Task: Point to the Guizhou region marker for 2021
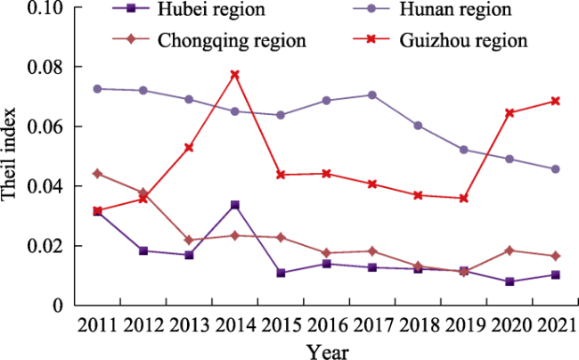pyautogui.click(x=555, y=101)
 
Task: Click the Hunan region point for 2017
pyautogui.click(x=371, y=94)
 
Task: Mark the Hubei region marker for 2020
pyautogui.click(x=510, y=282)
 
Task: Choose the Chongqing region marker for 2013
pyautogui.click(x=189, y=241)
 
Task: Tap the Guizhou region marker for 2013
pyautogui.click(x=189, y=147)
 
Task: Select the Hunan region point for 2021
pyautogui.click(x=555, y=168)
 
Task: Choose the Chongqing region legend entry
pyautogui.click(x=218, y=40)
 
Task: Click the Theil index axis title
pyautogui.click(x=11, y=159)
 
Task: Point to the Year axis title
pyautogui.click(x=328, y=350)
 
